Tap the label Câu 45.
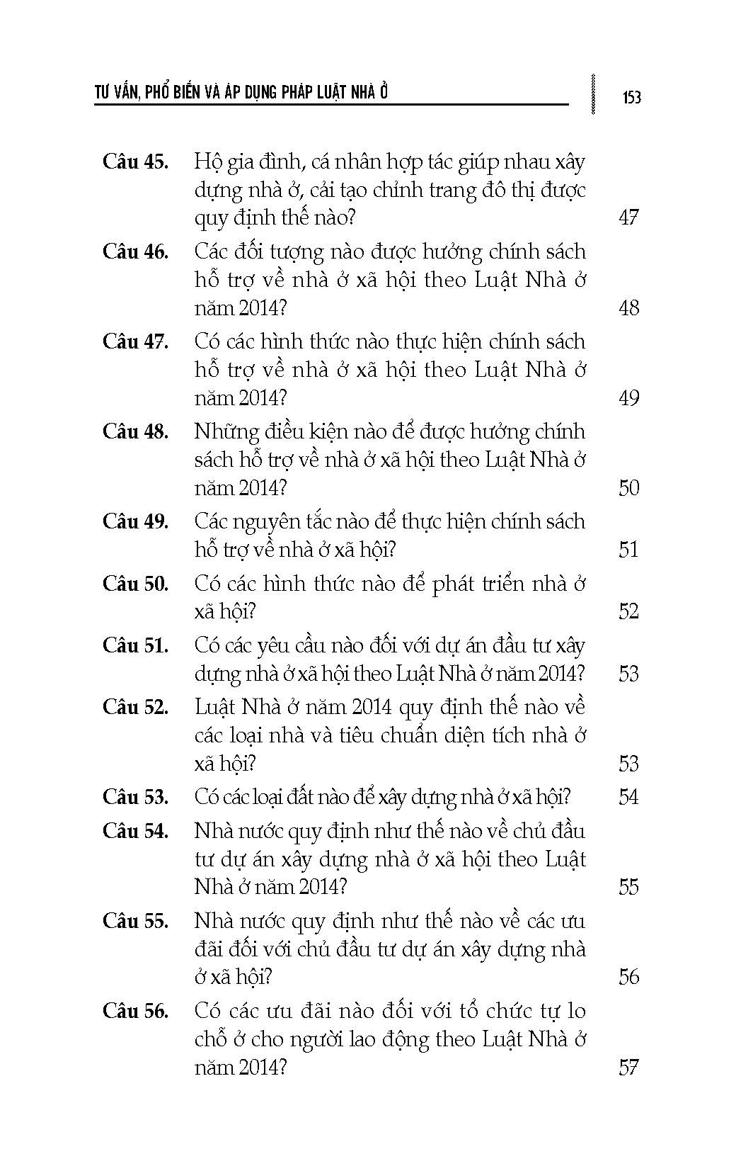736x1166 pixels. coord(135,162)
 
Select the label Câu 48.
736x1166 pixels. coord(135,431)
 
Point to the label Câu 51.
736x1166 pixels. coord(135,645)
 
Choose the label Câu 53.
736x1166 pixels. coord(135,797)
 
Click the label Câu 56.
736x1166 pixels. coord(135,1011)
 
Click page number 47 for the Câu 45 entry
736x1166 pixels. coord(628,217)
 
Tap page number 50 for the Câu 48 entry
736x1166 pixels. coord(628,488)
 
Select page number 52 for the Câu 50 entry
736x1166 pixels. coord(628,611)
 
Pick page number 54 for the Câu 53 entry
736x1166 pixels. coord(628,797)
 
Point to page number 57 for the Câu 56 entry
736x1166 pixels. coord(628,1068)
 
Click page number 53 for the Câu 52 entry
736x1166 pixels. coord(628,764)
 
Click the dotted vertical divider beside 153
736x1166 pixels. coord(592,94)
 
